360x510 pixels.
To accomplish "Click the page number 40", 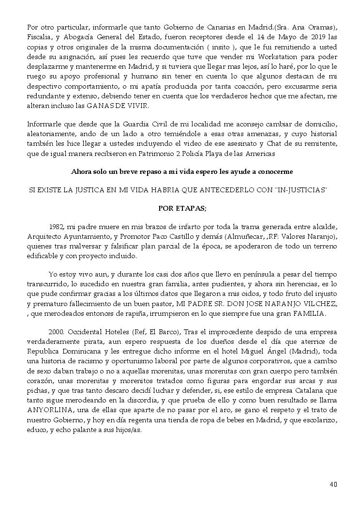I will [x=333, y=484].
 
